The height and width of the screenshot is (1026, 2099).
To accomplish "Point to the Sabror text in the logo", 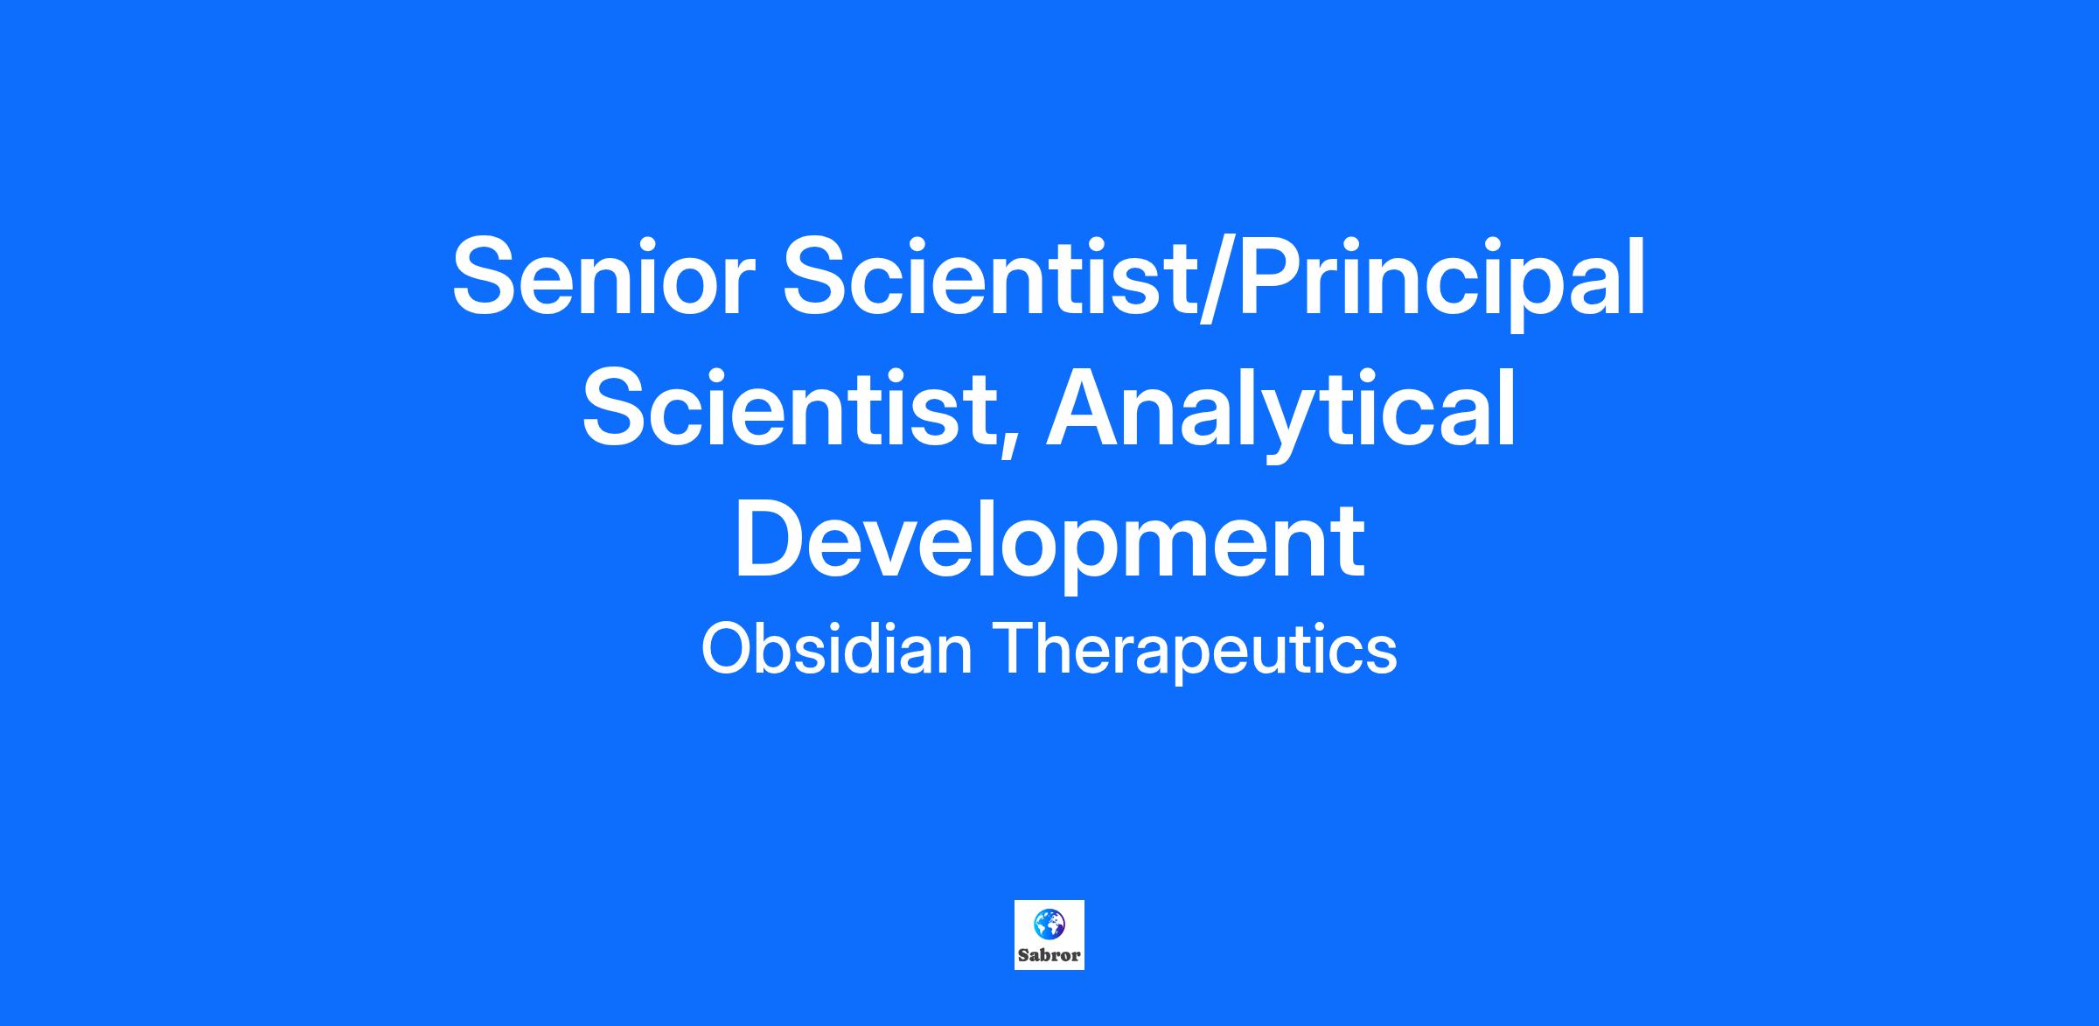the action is click(1049, 955).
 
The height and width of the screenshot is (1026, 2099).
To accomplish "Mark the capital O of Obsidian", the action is click(731, 648).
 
